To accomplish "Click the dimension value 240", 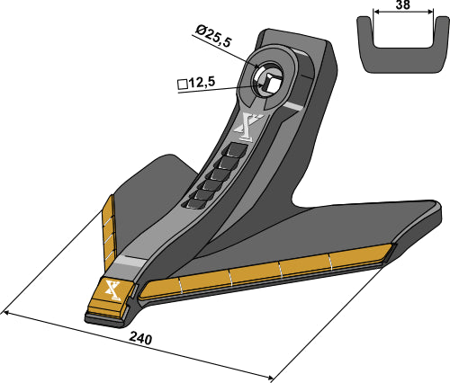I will point(140,339).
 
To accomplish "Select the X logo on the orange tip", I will point(112,289).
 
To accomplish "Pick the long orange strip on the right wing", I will point(270,274).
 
